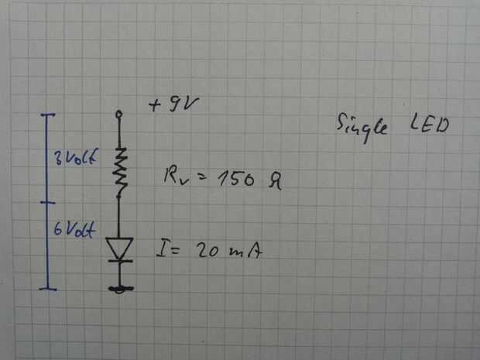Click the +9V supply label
tap(172, 105)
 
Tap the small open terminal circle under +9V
tap(119, 115)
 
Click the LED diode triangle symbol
tap(119, 249)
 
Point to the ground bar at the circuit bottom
tap(120, 290)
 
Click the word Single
tap(362, 125)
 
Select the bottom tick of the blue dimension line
tap(48, 289)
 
